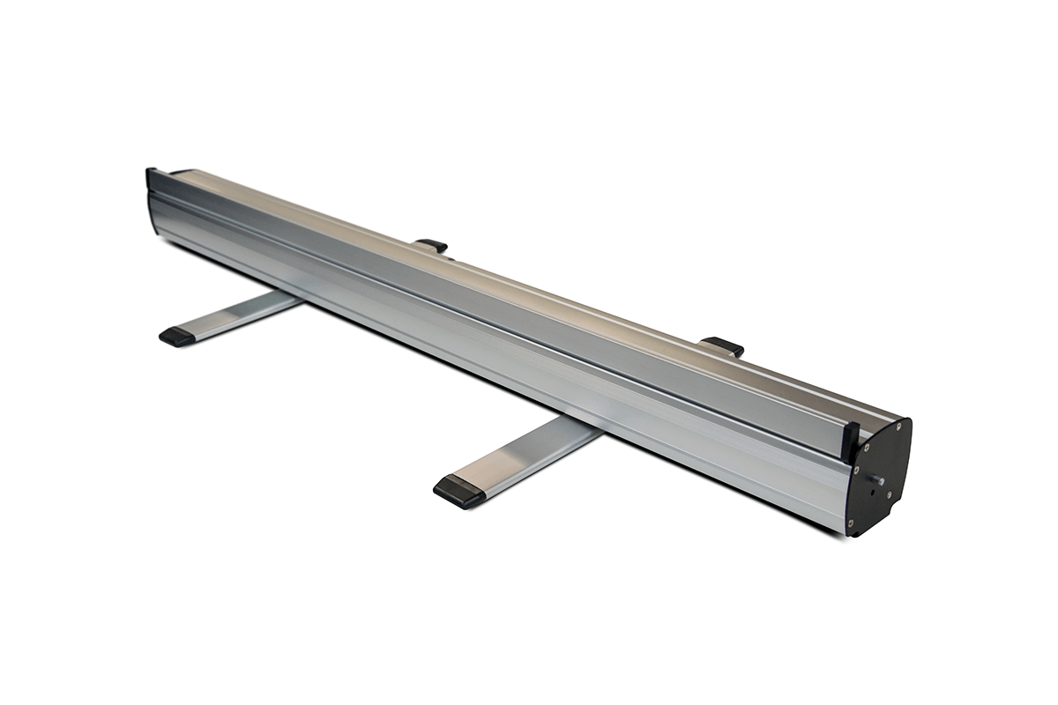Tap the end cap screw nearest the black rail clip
coord(867,447)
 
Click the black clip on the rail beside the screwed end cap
coord(850,438)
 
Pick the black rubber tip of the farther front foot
coord(177,336)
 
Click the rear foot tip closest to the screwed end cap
coord(723,345)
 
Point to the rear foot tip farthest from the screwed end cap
coord(432,245)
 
